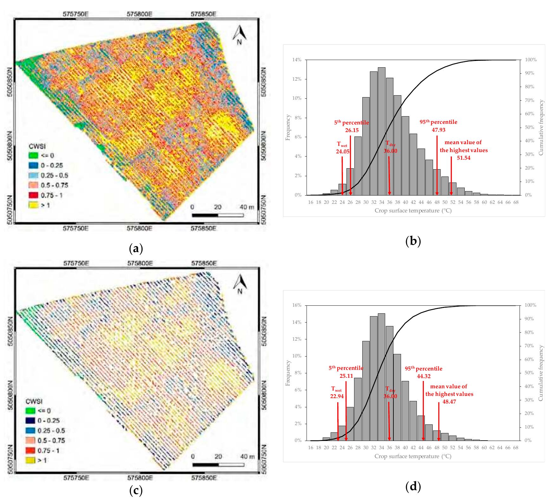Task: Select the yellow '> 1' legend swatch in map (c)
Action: point(30,460)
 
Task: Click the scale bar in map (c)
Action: point(218,465)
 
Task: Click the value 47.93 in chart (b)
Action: point(438,130)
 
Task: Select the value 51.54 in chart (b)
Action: point(463,157)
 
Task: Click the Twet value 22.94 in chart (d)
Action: point(337,396)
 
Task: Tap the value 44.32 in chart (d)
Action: point(424,376)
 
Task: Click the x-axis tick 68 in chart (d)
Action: point(516,448)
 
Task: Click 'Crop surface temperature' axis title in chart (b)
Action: point(412,210)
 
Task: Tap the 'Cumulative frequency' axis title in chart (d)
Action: point(541,373)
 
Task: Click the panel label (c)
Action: point(136,490)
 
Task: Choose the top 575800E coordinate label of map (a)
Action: point(140,14)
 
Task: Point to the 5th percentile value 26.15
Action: point(352,130)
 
